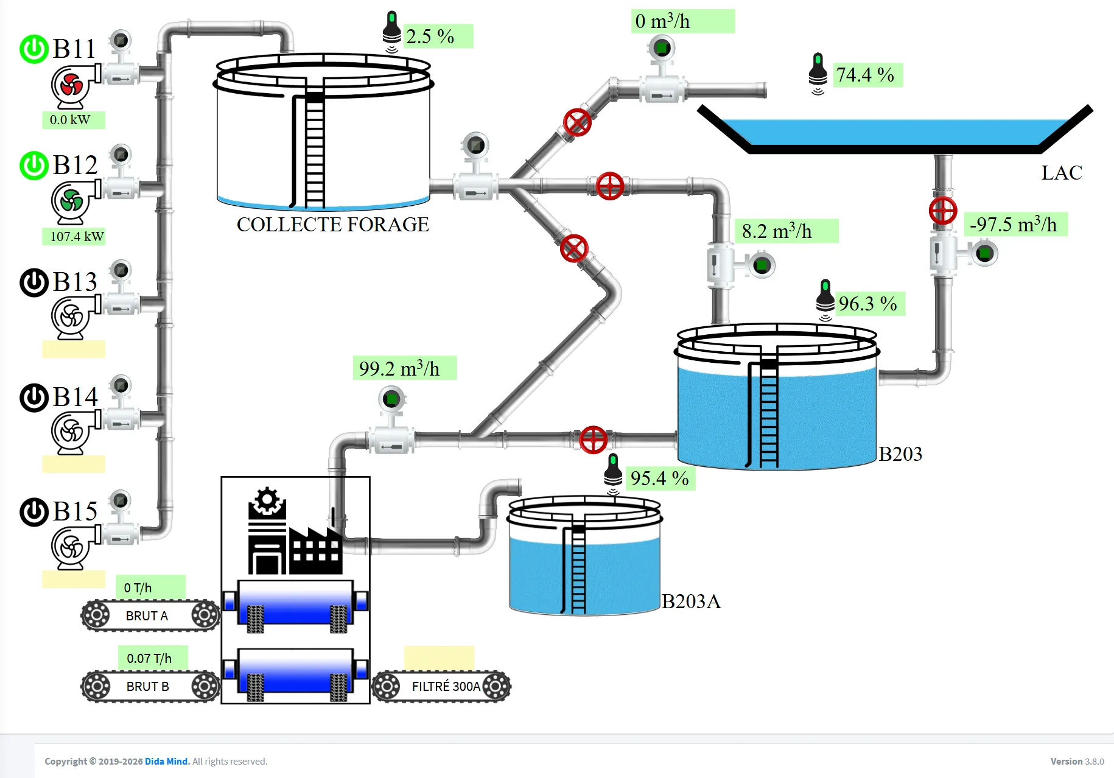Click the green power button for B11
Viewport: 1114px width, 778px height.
coord(34,49)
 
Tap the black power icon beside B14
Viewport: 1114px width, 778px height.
coord(34,398)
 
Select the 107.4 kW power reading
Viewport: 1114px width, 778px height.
coord(77,236)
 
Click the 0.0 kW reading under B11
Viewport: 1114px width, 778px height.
coord(70,120)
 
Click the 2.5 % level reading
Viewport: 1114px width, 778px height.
coord(430,37)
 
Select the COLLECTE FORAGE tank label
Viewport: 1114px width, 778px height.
coord(332,225)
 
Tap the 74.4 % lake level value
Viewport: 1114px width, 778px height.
coord(865,75)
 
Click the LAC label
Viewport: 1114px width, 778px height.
coord(1062,173)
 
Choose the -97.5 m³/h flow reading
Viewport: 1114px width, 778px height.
coord(1014,224)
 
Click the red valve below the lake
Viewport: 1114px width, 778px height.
coord(943,211)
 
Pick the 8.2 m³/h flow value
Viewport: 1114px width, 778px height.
coord(777,231)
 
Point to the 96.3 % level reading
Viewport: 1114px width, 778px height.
coord(867,304)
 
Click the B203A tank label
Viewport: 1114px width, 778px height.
coord(691,601)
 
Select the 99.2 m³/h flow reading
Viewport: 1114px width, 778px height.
coord(399,368)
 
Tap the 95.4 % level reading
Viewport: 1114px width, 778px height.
coord(659,478)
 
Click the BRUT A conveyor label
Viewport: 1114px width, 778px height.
coord(147,616)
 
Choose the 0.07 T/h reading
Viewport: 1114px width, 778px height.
coord(149,658)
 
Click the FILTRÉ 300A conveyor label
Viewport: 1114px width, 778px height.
coord(446,687)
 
